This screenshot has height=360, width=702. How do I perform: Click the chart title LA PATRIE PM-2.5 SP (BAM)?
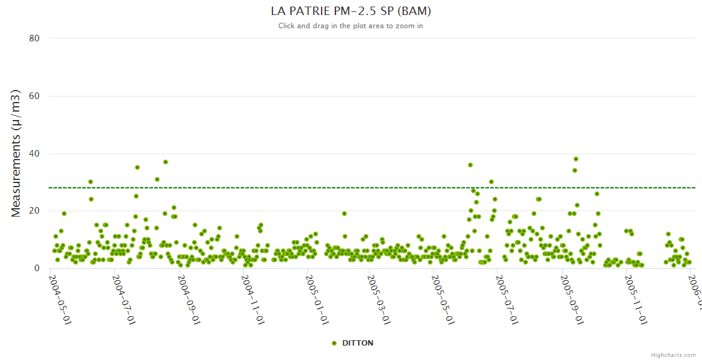(351, 11)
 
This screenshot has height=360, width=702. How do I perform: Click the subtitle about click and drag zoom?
(351, 26)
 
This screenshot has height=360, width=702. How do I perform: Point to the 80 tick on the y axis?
(34, 38)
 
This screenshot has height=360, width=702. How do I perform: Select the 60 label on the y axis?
(34, 96)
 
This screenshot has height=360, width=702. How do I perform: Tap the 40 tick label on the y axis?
(34, 154)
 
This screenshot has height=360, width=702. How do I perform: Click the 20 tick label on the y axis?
(34, 211)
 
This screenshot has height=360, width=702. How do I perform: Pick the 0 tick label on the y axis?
(37, 268)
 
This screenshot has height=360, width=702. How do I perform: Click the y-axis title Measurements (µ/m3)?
(16, 153)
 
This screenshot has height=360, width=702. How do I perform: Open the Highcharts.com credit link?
(673, 355)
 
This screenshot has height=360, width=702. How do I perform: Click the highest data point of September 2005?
(576, 159)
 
